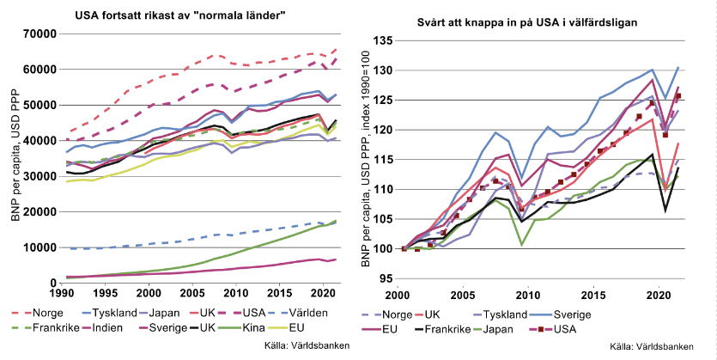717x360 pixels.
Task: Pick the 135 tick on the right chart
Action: pos(382,40)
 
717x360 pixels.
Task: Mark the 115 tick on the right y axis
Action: pos(382,159)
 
